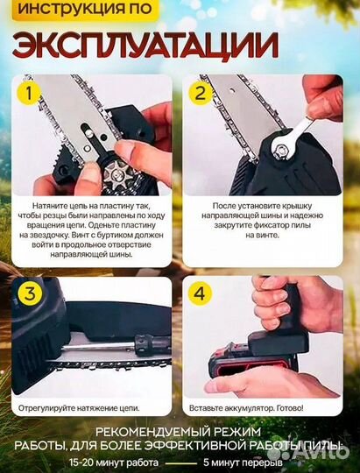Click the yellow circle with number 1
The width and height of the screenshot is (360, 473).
click(29, 93)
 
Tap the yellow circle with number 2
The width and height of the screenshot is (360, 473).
click(201, 93)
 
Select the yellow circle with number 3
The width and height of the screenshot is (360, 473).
click(30, 293)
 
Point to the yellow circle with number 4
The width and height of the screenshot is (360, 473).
click(200, 293)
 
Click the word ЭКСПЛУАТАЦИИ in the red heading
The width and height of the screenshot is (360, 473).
click(145, 45)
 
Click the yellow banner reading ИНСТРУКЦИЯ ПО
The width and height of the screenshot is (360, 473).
click(85, 10)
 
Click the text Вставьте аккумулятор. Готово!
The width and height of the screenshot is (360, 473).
click(246, 408)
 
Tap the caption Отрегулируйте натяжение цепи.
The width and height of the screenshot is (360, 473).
click(79, 408)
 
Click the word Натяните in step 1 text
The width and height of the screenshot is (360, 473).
click(47, 206)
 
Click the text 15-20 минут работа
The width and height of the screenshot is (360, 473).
click(114, 462)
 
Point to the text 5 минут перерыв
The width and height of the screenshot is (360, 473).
click(243, 462)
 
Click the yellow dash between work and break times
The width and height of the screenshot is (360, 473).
click(180, 463)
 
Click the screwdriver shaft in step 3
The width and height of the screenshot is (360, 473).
click(98, 346)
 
